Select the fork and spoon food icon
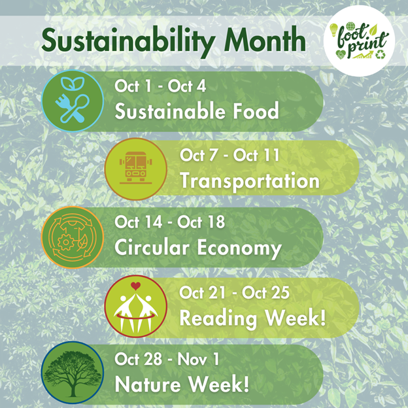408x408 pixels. (x=73, y=101)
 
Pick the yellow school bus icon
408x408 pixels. (x=135, y=169)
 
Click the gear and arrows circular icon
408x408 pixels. (x=73, y=238)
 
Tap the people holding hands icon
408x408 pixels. (x=135, y=306)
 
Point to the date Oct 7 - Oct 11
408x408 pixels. (x=229, y=155)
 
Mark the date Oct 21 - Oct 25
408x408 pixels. (x=234, y=292)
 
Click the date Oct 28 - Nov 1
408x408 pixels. (x=169, y=360)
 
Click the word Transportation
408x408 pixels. (x=249, y=180)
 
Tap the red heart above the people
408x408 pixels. (x=135, y=286)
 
